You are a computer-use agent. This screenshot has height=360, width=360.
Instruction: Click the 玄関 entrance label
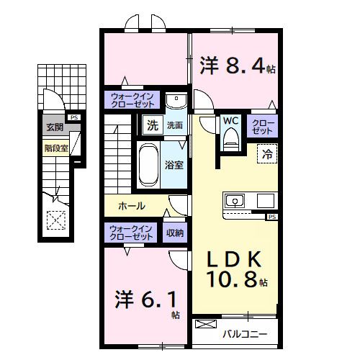55,127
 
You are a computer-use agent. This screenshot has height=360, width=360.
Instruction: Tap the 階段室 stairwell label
56,148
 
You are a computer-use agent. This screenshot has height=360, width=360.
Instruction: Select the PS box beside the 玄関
74,117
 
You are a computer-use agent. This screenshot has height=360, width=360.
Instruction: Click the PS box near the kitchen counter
272,217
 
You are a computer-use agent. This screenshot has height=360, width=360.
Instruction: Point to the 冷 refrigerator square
267,154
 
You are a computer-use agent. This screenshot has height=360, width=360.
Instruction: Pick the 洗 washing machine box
153,125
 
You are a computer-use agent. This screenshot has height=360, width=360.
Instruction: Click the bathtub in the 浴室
148,165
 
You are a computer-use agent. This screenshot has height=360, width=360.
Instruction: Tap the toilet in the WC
231,140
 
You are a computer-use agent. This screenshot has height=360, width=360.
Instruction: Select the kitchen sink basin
235,201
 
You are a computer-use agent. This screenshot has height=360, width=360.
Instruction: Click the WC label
230,121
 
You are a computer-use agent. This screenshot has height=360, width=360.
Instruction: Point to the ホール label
132,206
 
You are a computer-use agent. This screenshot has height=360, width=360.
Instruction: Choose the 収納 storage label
175,233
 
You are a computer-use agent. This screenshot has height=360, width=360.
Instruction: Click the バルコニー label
245,334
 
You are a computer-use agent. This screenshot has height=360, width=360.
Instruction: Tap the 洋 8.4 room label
238,66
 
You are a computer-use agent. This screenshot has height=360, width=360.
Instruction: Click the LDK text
234,259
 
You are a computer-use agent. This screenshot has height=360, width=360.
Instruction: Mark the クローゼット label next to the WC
263,127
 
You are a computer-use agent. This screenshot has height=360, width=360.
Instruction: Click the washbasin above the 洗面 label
176,101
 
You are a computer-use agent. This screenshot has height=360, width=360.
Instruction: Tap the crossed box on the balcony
206,324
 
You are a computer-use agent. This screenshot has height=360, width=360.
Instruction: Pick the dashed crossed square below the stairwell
56,220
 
